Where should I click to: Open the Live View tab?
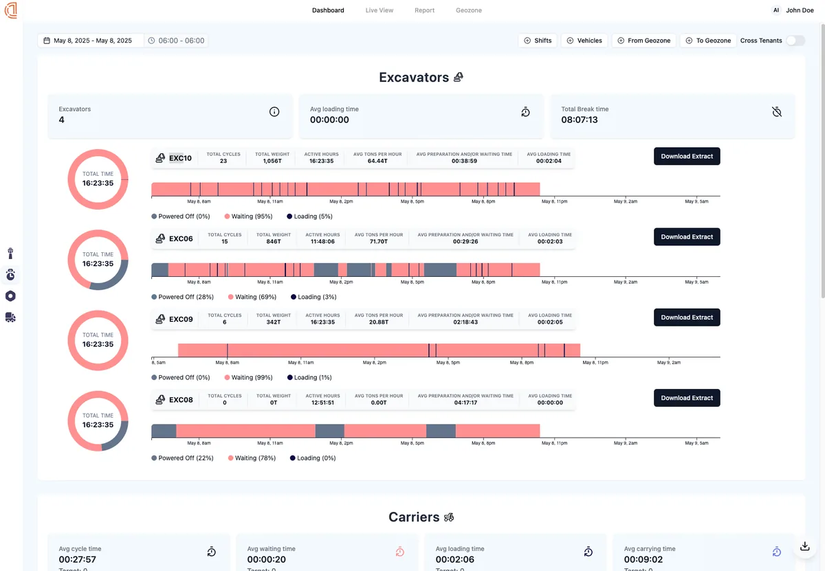coord(379,10)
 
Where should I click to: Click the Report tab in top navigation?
coord(424,10)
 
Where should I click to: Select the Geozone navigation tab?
coord(468,10)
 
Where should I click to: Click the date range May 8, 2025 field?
coord(91,41)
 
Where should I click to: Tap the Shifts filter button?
coord(537,41)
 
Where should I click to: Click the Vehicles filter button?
coord(584,41)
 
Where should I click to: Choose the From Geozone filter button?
coord(643,41)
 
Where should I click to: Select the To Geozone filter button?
coord(707,41)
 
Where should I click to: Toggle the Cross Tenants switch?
coord(795,41)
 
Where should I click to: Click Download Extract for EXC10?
coord(687,156)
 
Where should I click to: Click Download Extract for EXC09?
coord(687,317)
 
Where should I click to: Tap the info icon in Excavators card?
coord(274,112)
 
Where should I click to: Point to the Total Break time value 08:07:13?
coord(580,120)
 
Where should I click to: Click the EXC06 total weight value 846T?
coord(274,242)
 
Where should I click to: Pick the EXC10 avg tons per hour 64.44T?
coord(377,161)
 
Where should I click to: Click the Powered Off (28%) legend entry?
coord(182,297)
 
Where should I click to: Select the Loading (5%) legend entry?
coord(309,216)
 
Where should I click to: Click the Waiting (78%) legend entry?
coord(252,458)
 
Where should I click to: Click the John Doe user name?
coord(800,10)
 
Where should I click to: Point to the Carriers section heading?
coord(414,517)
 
